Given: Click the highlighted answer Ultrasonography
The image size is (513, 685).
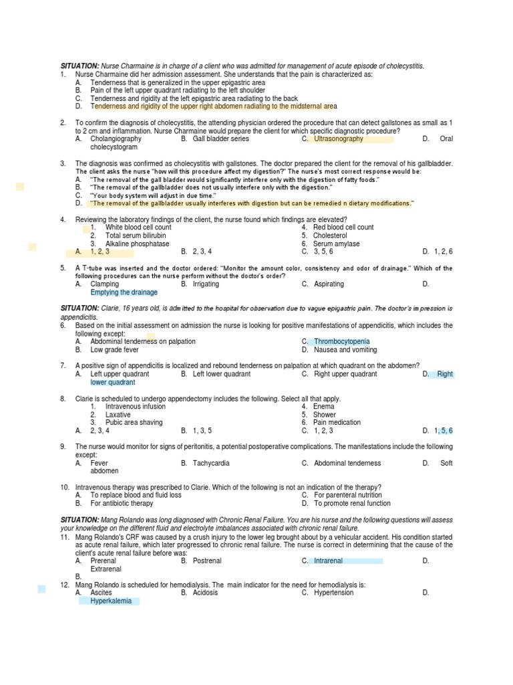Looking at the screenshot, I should pos(339,139).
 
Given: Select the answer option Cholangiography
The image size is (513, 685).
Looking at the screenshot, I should pos(116,139).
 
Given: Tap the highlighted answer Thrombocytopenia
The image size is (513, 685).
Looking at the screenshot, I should pos(341,341).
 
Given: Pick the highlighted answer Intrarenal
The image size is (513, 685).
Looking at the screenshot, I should pos(328,561).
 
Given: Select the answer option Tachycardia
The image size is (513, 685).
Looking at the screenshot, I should pos(212,463).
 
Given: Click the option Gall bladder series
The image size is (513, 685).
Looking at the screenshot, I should pos(220,139).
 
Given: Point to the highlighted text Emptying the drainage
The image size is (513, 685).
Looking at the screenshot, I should pos(124,292).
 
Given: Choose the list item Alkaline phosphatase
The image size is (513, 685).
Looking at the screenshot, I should pos(138,243).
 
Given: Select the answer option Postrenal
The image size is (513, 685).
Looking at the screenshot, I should pos(206,561).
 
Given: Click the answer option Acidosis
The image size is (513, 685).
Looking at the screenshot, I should pos(205,593).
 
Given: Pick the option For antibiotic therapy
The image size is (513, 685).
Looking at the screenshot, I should pos(122,503).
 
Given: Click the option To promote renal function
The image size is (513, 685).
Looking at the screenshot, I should pos(353,503).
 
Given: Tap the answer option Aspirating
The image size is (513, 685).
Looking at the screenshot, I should pos(329,284).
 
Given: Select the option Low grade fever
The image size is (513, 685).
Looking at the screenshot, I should pos(115,349).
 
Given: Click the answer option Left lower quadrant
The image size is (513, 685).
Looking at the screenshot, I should pos(221,374).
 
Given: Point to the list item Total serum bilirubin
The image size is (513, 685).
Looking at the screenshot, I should pos(136,235).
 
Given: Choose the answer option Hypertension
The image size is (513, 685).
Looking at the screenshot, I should pos(334,593).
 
